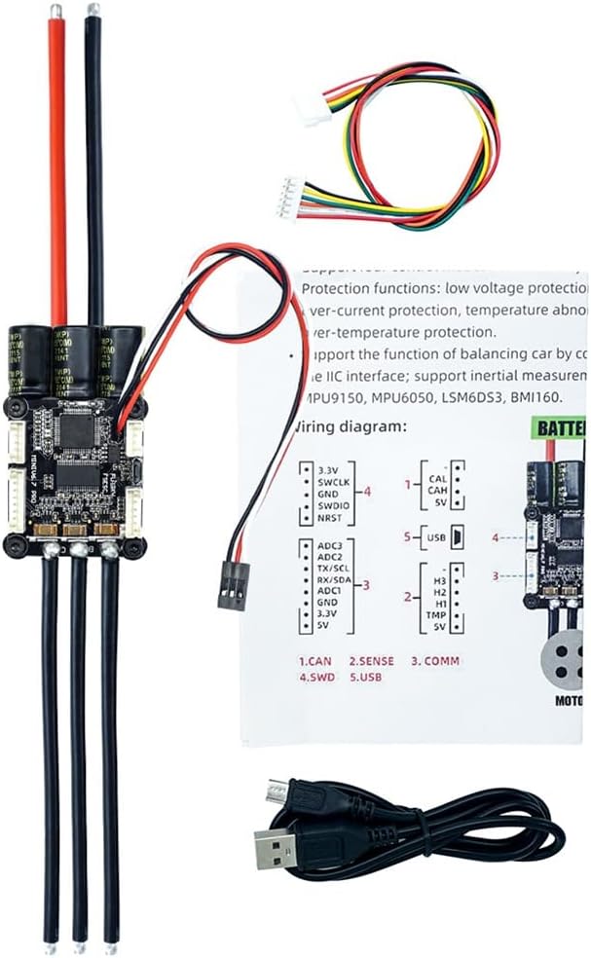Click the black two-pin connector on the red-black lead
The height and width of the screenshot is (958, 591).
coord(231,586)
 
